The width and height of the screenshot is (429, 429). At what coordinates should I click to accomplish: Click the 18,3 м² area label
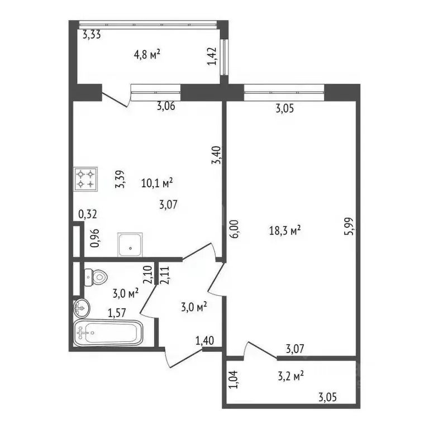(x=287, y=230)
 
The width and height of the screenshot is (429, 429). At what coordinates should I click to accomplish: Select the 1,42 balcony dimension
(x=212, y=56)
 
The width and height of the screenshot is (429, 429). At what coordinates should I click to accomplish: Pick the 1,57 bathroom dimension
(x=116, y=313)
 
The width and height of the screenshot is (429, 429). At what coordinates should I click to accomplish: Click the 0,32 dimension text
(x=87, y=214)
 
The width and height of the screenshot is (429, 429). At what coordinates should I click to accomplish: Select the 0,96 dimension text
(x=95, y=239)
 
